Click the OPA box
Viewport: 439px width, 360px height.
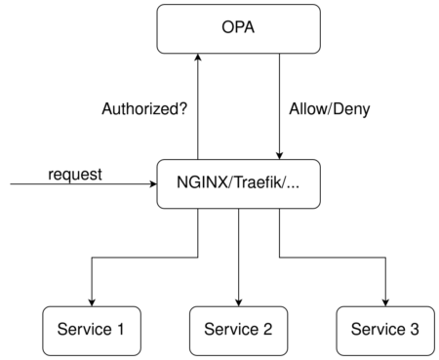(x=238, y=29)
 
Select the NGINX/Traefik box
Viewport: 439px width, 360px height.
(x=238, y=183)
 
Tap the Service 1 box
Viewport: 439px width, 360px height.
(x=92, y=331)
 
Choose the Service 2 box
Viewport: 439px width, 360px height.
(x=238, y=331)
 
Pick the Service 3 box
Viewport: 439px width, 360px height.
(x=385, y=331)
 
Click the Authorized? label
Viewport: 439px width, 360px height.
(x=144, y=109)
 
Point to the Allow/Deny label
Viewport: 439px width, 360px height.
(x=330, y=109)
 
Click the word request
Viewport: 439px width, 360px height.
(x=75, y=175)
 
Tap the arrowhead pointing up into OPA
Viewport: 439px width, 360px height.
(x=198, y=58)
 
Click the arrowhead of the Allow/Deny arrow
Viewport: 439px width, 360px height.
(x=279, y=156)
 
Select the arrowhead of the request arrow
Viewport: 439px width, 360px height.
(x=153, y=184)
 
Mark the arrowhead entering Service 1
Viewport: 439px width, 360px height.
(x=92, y=302)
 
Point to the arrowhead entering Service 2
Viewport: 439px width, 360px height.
(x=238, y=302)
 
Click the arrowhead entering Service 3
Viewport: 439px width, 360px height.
(x=385, y=302)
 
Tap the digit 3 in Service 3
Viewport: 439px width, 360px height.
(x=414, y=329)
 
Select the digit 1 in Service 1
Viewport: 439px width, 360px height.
(x=121, y=329)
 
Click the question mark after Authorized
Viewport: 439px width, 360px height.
(x=183, y=108)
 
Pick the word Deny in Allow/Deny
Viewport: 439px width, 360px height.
(x=351, y=110)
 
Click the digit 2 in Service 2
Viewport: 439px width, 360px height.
(x=267, y=329)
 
